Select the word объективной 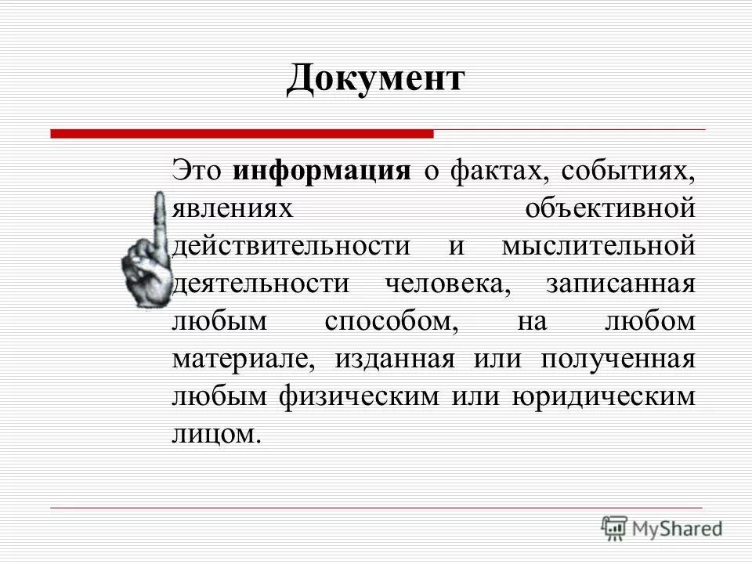click(x=610, y=209)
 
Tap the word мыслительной click(x=598, y=246)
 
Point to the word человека click(x=446, y=284)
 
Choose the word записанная click(x=619, y=284)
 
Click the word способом click(x=381, y=321)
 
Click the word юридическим click(x=603, y=396)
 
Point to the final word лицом click(x=215, y=434)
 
